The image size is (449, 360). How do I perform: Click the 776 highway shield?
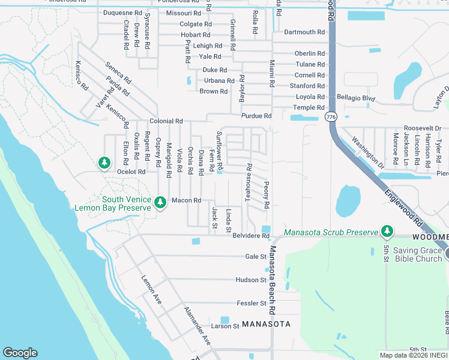click(x=331, y=117)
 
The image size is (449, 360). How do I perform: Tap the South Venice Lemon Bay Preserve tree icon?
click(x=160, y=203)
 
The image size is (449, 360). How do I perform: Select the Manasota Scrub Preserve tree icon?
click(x=387, y=231)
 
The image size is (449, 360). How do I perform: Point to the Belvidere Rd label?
click(x=251, y=236)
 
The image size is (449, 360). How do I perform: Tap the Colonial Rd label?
click(x=166, y=121)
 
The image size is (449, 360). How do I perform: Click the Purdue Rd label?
click(x=256, y=116)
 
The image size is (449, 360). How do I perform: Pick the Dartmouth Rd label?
click(x=304, y=32)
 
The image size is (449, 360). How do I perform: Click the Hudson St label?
click(x=251, y=280)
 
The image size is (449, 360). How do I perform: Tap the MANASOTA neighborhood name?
click(x=266, y=324)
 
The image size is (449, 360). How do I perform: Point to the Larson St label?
click(x=225, y=326)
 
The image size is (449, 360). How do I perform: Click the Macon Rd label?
click(x=185, y=200)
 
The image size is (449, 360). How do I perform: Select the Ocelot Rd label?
click(x=131, y=172)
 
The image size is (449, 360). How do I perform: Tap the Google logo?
click(x=20, y=352)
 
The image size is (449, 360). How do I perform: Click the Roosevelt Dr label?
click(x=422, y=128)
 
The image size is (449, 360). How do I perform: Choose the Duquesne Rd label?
click(x=122, y=13)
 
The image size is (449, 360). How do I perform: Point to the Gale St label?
click(x=256, y=257)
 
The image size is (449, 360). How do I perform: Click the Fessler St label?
click(x=251, y=304)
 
